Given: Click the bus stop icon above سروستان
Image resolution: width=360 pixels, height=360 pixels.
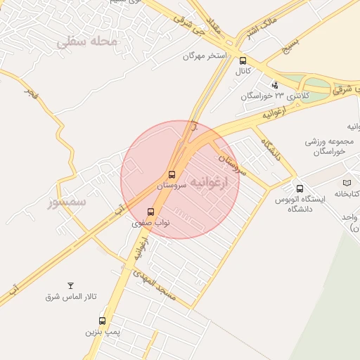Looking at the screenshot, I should click(172, 174).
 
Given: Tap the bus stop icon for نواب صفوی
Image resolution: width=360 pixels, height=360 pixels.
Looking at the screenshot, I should click(150, 212).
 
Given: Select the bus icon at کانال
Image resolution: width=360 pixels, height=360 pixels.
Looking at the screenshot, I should click(243, 60).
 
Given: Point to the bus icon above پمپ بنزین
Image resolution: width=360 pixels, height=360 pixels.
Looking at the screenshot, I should click(103, 321).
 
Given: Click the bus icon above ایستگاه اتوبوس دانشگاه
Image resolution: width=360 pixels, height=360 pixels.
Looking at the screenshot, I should click(300, 188).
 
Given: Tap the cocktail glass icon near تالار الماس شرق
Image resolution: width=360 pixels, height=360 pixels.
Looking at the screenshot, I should click(70, 285).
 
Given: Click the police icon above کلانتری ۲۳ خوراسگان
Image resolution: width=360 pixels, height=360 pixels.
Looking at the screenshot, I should click(274, 85).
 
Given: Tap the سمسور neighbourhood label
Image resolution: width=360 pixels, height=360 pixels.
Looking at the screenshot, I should click(66, 202).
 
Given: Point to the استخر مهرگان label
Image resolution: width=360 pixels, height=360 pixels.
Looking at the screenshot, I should click(205, 55).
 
